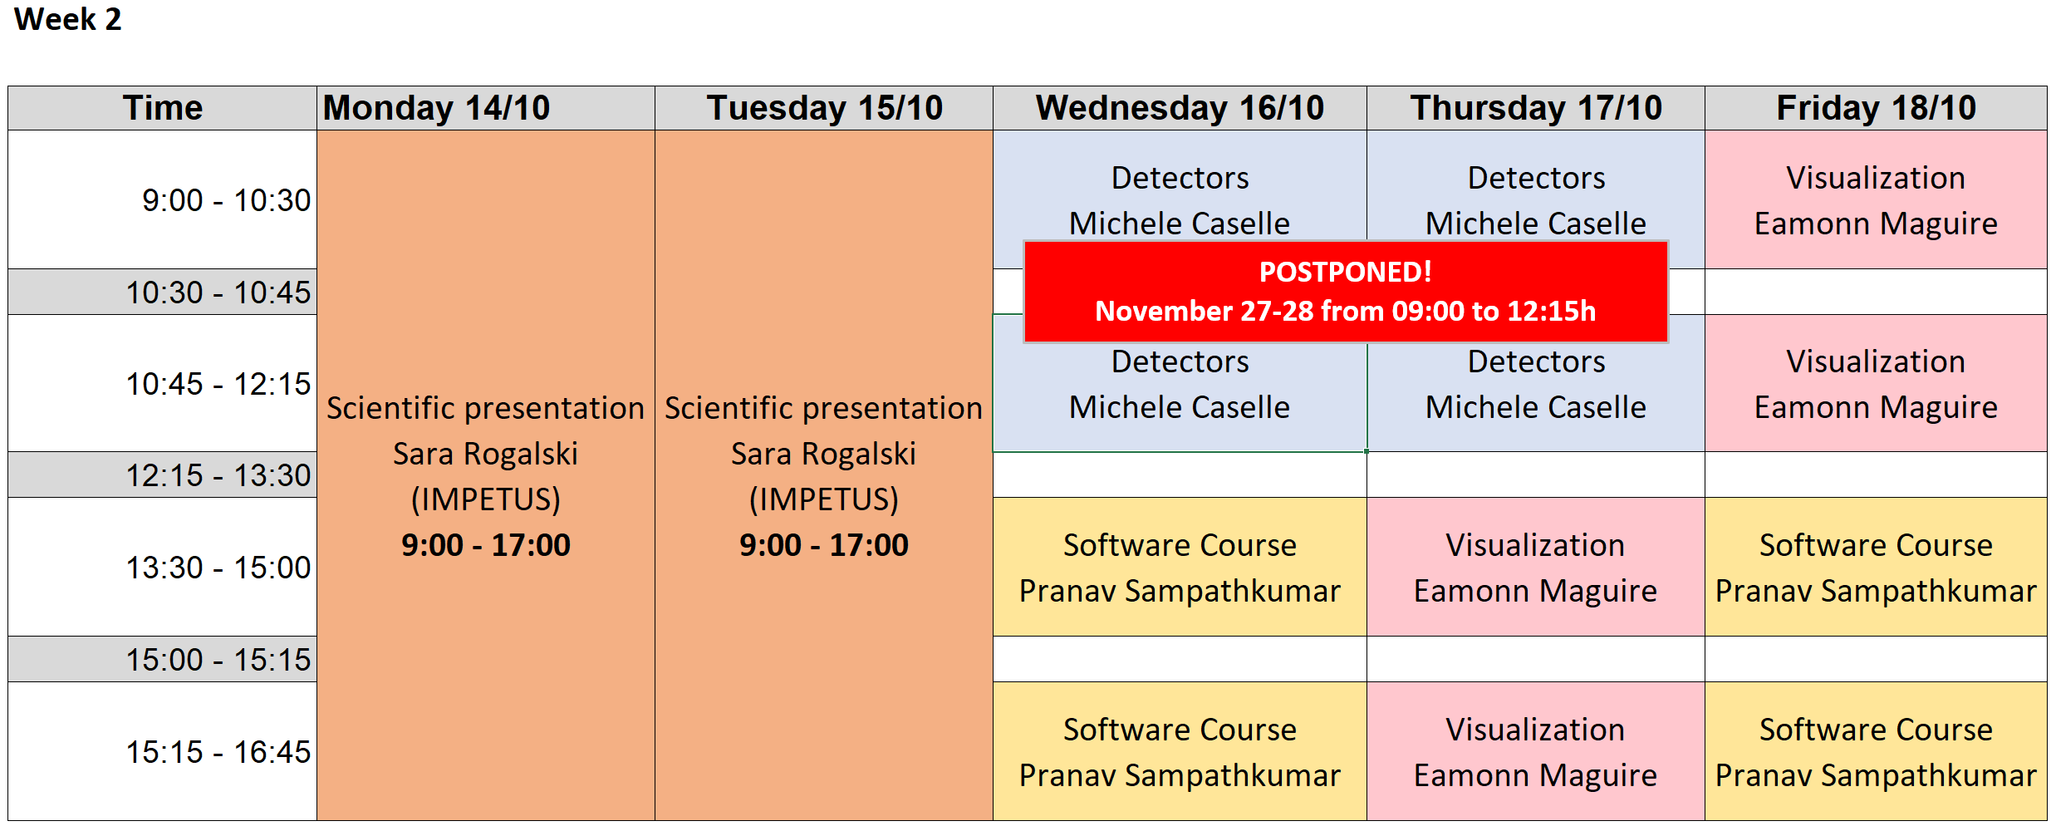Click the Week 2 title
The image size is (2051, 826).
pos(68,19)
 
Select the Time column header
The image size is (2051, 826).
pos(163,108)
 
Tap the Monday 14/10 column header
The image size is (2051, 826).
pos(437,108)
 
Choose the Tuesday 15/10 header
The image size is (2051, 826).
pos(824,108)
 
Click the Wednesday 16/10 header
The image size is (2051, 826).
pos(1180,108)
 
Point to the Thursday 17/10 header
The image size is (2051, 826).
pos(1536,108)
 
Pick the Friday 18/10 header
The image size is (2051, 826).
pos(1876,108)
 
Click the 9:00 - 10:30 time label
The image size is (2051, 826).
pos(226,200)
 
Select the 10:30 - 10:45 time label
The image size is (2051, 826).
pos(218,293)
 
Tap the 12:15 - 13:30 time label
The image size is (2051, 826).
pos(218,475)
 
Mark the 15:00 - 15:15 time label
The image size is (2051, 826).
pos(218,660)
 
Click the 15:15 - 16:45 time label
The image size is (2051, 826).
pos(218,752)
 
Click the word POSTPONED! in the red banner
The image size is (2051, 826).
pos(1346,272)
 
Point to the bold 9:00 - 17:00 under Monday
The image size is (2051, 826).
pos(486,545)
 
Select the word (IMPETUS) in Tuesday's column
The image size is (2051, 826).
pos(824,499)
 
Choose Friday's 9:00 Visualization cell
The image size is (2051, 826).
pos(1876,199)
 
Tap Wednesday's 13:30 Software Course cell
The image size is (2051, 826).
pos(1180,567)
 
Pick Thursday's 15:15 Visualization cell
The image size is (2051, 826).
pos(1536,751)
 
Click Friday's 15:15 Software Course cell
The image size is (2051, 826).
pos(1876,751)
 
